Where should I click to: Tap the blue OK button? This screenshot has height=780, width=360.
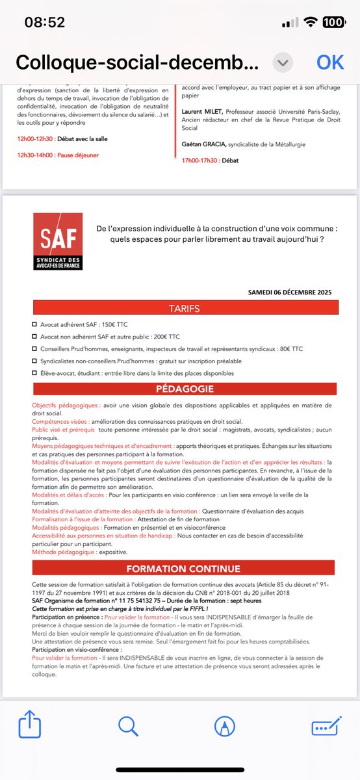329,62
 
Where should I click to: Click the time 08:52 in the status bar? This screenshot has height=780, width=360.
45,21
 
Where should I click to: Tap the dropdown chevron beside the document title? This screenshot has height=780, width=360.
282,62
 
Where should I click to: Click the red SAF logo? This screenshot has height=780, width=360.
58,243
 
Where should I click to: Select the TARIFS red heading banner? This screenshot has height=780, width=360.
184,307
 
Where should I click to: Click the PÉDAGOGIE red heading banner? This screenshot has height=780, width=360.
184,389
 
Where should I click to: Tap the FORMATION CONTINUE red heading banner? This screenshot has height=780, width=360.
184,569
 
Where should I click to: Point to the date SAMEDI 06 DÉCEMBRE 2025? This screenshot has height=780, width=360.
289,292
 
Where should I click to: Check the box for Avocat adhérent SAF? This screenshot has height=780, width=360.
34,324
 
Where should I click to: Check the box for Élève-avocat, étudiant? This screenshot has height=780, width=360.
34,373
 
